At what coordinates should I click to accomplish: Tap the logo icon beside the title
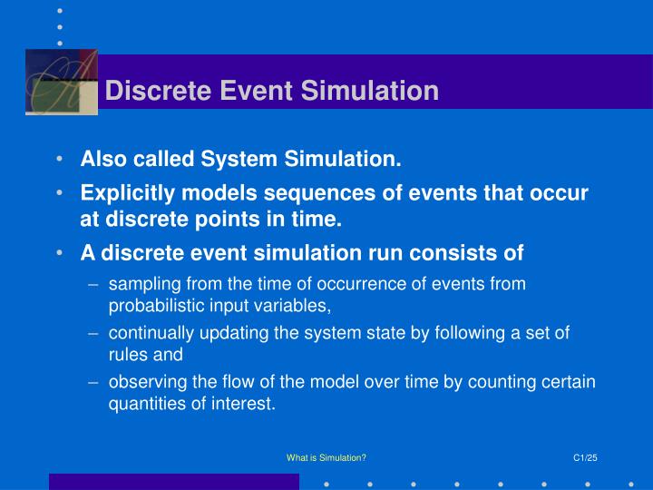(x=61, y=83)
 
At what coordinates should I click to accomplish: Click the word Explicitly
(x=125, y=194)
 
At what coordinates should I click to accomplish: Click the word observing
(x=143, y=382)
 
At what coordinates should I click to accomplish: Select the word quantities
(x=144, y=404)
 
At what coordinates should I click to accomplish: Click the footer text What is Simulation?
(x=326, y=458)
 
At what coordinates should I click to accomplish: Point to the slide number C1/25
(x=586, y=458)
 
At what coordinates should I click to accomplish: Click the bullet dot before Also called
(x=59, y=161)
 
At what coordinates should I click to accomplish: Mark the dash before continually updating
(x=94, y=333)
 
